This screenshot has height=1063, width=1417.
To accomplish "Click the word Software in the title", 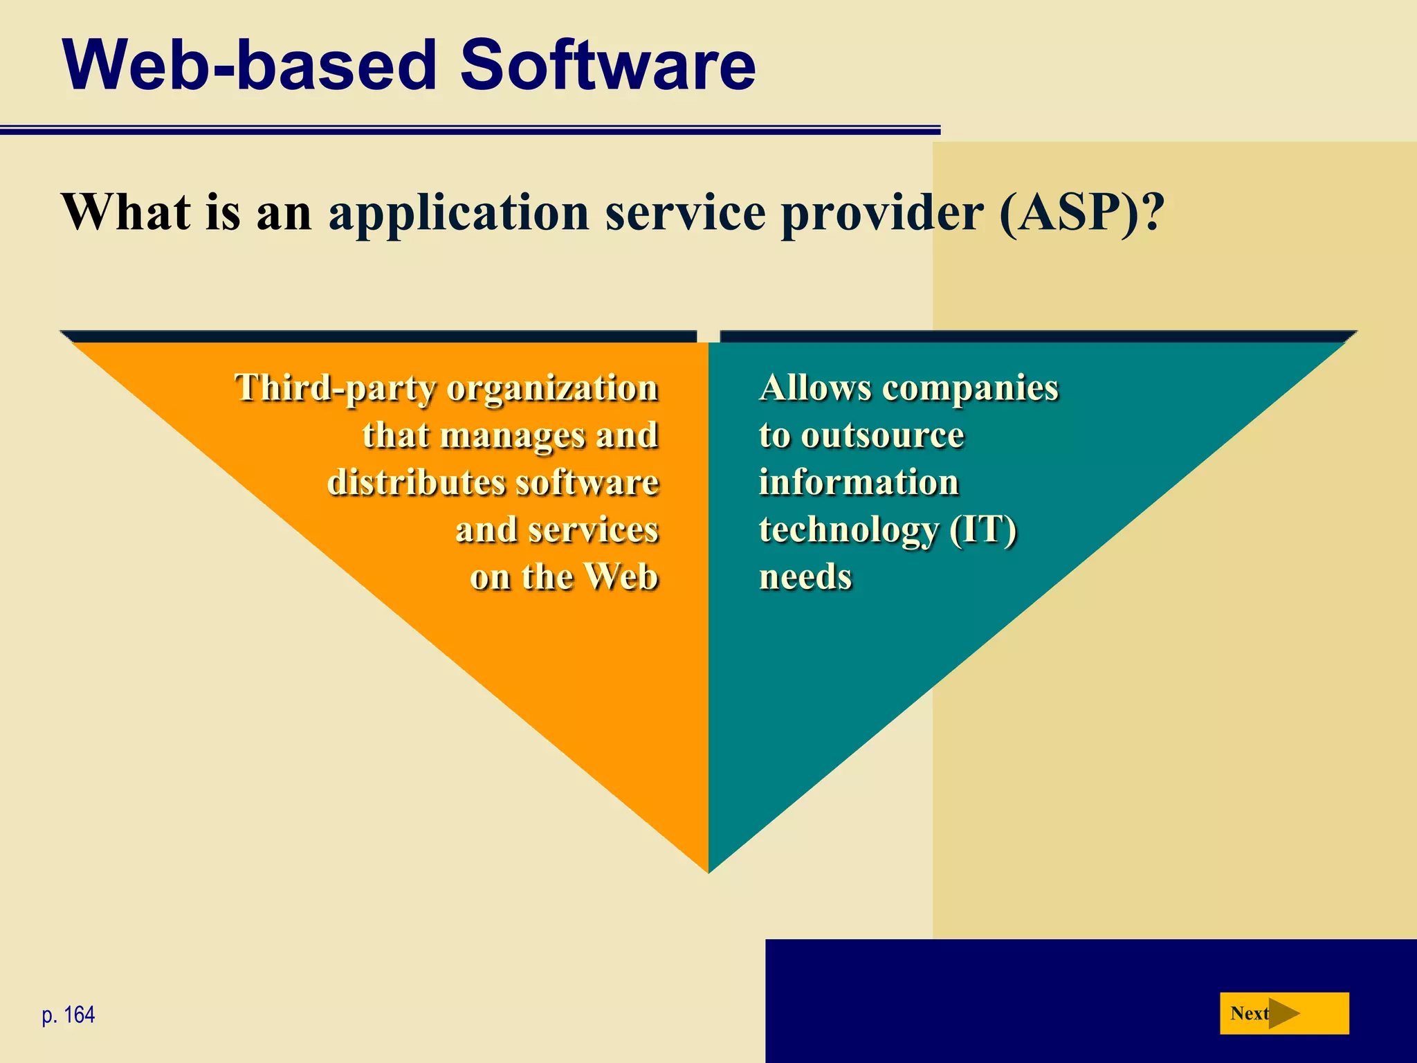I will pos(607,65).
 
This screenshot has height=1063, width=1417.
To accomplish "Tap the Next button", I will pos(1283,1013).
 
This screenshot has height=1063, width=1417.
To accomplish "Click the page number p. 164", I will pos(68,1015).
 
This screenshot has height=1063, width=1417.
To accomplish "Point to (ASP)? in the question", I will pos(1081,212).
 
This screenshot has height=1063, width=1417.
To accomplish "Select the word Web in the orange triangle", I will pos(620,576).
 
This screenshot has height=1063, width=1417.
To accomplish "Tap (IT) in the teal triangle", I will pos(982,530).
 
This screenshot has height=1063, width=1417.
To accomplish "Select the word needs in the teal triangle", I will pos(805,577).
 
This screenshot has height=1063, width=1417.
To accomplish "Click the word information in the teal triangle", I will pos(859,482).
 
